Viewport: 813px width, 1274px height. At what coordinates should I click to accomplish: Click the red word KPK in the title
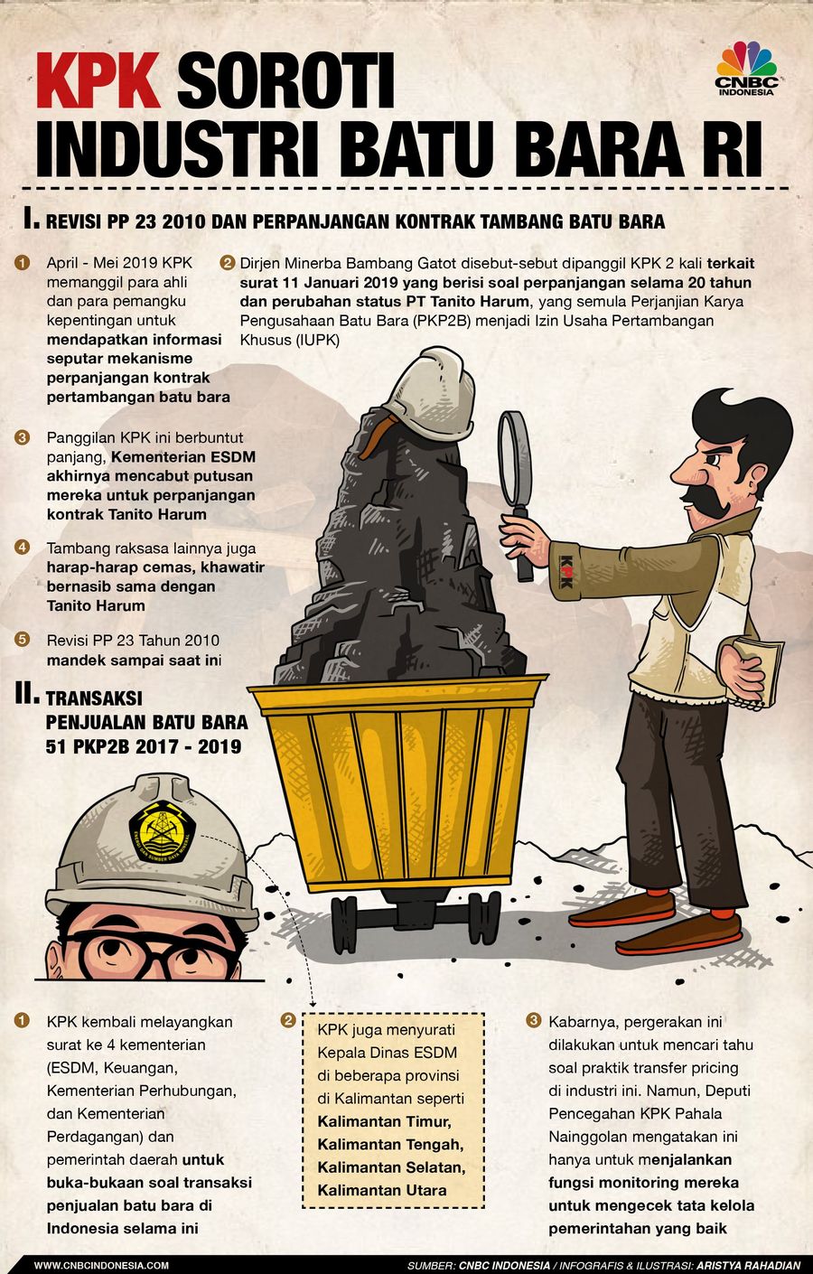98,80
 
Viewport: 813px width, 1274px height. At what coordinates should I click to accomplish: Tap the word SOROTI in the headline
285,80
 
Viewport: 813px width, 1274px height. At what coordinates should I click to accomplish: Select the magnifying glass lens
515,459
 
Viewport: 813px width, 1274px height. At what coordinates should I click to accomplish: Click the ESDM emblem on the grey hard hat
162,831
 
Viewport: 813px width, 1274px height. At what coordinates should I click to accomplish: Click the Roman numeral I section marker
31,219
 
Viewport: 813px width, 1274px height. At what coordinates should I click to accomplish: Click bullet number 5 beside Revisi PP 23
22,639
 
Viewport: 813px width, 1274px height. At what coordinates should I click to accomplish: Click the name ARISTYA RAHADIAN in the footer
748,1266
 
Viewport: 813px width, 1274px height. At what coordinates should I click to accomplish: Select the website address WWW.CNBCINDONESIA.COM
101,1266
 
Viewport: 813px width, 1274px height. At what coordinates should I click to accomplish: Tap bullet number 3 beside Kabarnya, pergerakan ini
533,1020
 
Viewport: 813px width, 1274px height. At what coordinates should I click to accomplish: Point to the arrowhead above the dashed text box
313,1006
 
